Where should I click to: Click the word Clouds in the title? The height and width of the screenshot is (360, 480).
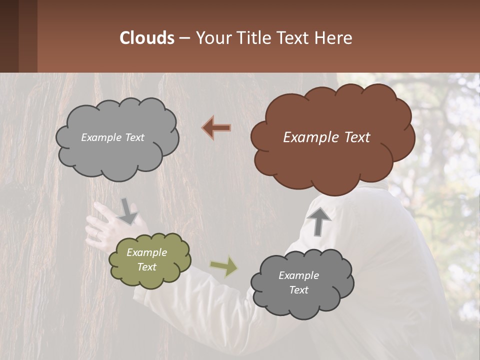[146, 38]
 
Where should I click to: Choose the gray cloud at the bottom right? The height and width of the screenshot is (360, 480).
[302, 283]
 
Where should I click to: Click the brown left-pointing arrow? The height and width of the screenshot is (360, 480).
[216, 128]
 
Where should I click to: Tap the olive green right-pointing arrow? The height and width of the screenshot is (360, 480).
[223, 266]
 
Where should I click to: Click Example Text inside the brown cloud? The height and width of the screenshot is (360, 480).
[327, 137]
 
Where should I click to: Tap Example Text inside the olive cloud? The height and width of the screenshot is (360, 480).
[147, 260]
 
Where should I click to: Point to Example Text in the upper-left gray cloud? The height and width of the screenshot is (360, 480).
[113, 137]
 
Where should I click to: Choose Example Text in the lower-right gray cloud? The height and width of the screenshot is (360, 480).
[299, 283]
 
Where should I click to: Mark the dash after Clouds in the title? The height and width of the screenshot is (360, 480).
[184, 38]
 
